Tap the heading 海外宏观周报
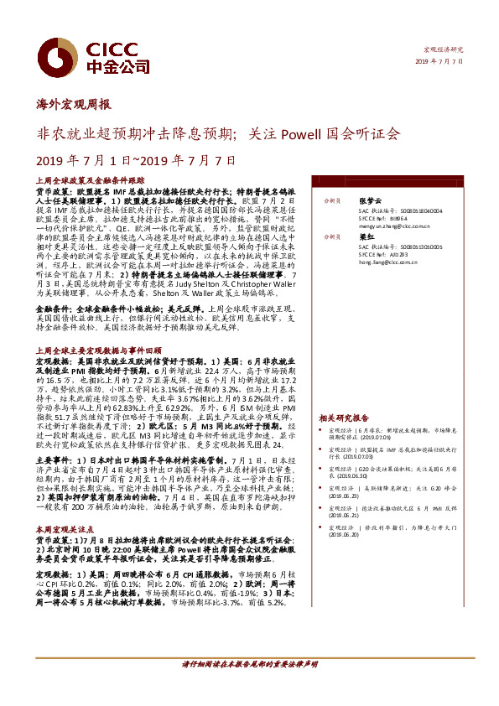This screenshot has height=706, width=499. (74, 105)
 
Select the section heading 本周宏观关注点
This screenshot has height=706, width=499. (64, 530)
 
